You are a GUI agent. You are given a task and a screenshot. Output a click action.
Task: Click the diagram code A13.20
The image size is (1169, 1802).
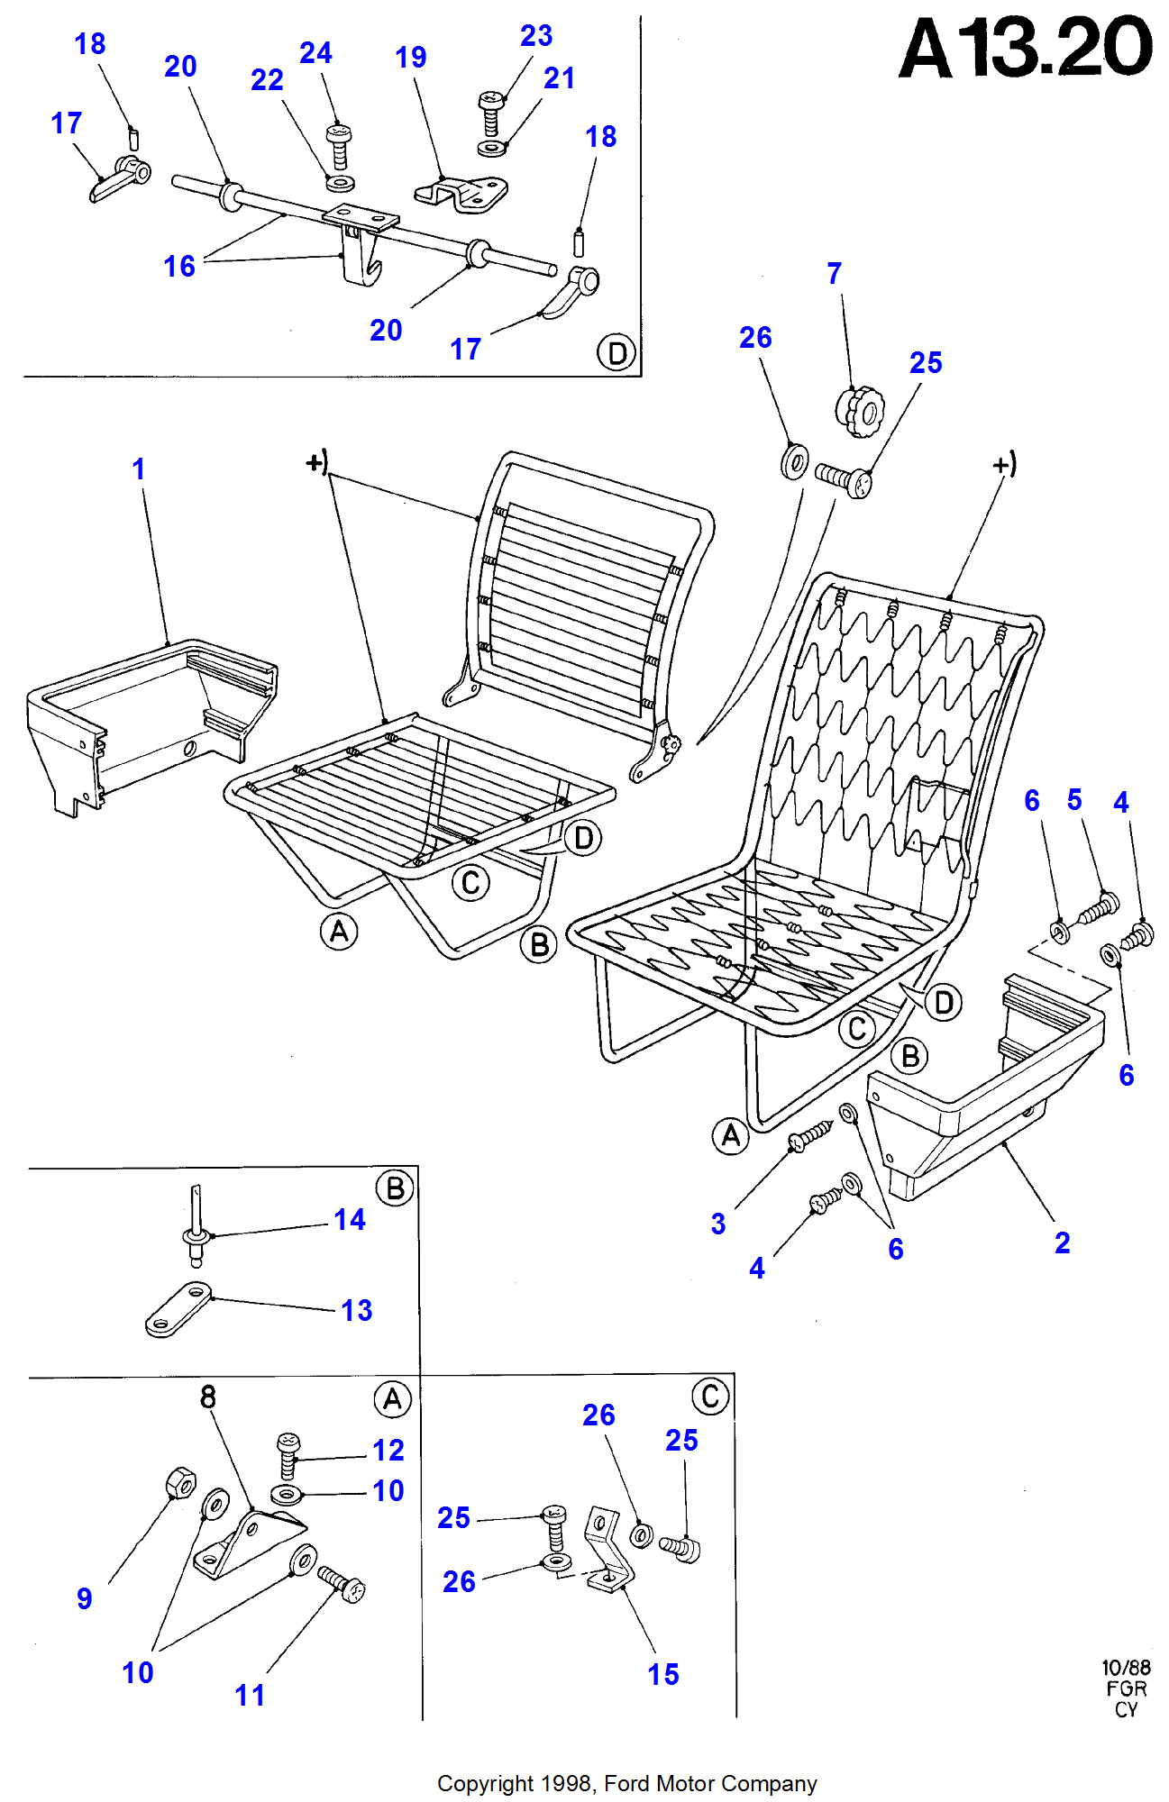point(1026,49)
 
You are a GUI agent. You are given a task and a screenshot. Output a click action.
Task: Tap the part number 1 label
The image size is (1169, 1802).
point(138,469)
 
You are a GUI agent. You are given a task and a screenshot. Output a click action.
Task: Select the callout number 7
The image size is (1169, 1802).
point(835,274)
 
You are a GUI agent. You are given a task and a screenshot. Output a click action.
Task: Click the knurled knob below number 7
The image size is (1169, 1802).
point(860,412)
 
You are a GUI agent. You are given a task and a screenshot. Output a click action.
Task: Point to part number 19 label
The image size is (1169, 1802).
point(411,58)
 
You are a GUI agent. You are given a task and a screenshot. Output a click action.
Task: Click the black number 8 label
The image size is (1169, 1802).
point(208,1397)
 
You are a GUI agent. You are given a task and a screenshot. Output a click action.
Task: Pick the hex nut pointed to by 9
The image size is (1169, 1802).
point(181,1482)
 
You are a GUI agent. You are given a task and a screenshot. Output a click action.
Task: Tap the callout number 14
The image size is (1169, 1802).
point(350,1220)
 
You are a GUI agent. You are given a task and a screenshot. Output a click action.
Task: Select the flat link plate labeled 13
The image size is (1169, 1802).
point(178,1309)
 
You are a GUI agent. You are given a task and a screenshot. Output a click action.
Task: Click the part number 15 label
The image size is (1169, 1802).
point(663,1675)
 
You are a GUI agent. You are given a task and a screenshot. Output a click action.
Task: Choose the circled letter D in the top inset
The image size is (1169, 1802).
point(616,352)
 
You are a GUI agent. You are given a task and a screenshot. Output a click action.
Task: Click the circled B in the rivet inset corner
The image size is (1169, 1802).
point(395,1188)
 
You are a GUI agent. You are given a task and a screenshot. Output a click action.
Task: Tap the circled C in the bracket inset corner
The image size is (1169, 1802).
point(710,1397)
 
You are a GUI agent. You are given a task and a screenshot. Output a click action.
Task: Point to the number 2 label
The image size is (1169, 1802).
point(1063,1243)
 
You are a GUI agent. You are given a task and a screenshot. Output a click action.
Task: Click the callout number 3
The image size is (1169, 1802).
point(718,1224)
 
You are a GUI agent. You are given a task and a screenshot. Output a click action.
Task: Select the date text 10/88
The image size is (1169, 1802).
point(1126,1668)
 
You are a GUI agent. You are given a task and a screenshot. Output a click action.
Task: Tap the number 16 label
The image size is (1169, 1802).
point(179,267)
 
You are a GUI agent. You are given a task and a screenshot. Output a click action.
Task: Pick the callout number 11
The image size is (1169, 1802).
point(250,1696)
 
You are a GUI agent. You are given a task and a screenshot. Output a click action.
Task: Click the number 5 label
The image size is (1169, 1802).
point(1074,800)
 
